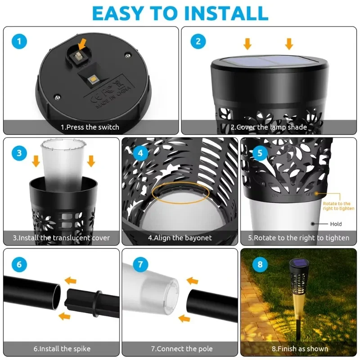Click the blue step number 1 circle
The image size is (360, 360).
pyautogui.click(x=19, y=41)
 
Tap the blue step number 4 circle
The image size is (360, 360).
pyautogui.click(x=140, y=153)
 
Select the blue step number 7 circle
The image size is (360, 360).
pyautogui.click(x=140, y=264)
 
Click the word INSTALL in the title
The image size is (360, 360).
pyautogui.click(x=226, y=13)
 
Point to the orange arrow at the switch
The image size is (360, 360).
pyautogui.click(x=82, y=44)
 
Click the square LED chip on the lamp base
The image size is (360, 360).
pyautogui.click(x=93, y=80)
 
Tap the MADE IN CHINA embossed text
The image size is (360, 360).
pyautogui.click(x=113, y=97)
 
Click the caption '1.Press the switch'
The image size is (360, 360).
pyautogui.click(x=90, y=127)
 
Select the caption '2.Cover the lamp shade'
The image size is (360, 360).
pyautogui.click(x=269, y=127)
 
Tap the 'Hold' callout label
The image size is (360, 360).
pyautogui.click(x=336, y=224)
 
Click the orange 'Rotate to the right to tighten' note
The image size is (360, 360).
pyautogui.click(x=338, y=206)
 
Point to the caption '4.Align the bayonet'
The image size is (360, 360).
pyautogui.click(x=180, y=238)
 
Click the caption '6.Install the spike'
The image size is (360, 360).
pyautogui.click(x=62, y=349)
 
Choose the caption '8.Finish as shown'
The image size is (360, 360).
pyautogui.click(x=300, y=349)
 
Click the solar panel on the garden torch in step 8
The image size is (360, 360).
pyautogui.click(x=299, y=262)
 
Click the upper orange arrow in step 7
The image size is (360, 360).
pyautogui.click(x=192, y=281)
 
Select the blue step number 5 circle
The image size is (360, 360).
pyautogui.click(x=260, y=153)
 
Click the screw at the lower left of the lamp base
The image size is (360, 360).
pyautogui.click(x=58, y=97)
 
